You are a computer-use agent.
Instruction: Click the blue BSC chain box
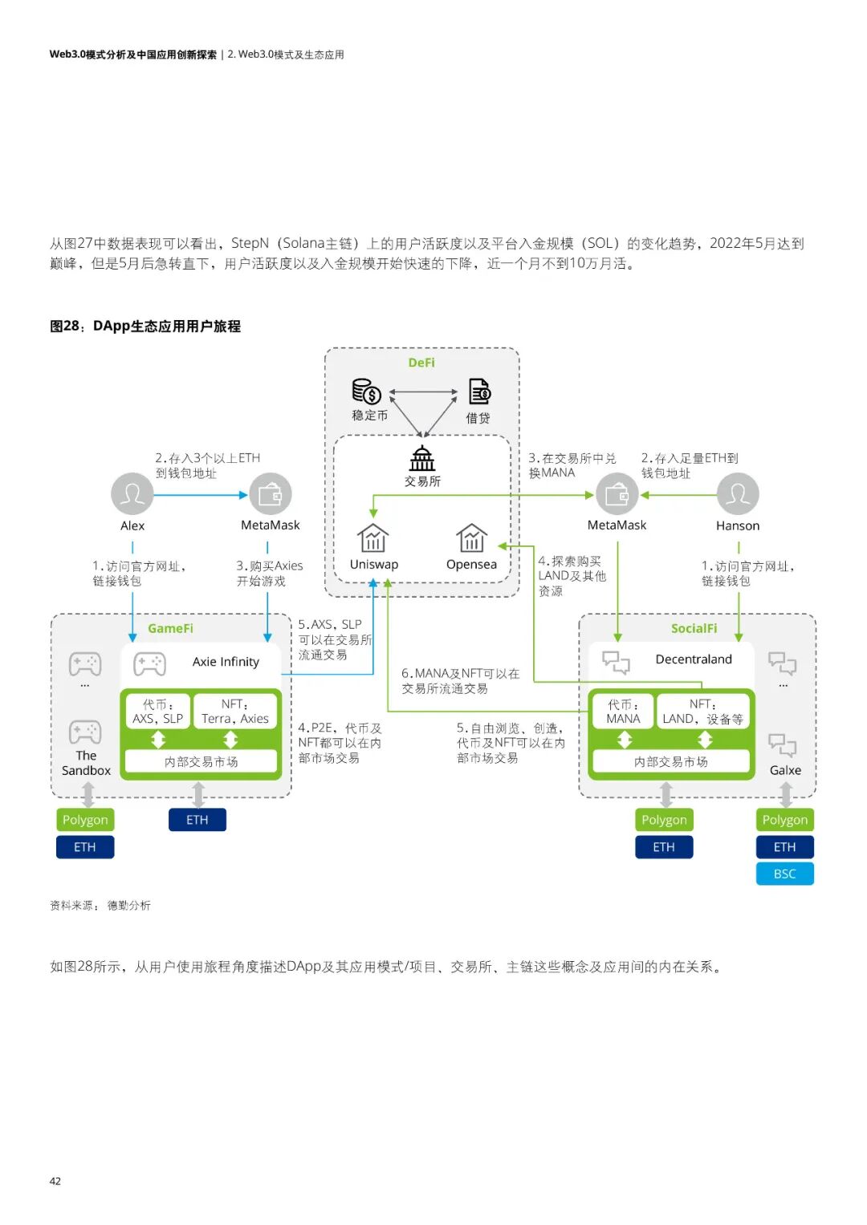click(x=784, y=874)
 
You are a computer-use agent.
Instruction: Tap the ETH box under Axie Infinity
click(x=197, y=820)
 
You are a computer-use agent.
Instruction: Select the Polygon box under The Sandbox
click(x=85, y=820)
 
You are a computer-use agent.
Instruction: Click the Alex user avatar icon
click(x=132, y=493)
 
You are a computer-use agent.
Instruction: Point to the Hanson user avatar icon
click(x=737, y=493)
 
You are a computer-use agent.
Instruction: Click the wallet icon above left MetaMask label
click(x=271, y=493)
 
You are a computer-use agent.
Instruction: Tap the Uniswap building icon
click(x=373, y=537)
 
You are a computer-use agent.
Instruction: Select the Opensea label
click(x=471, y=564)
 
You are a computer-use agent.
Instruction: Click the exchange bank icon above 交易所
click(x=422, y=458)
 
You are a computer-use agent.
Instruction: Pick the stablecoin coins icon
click(x=367, y=391)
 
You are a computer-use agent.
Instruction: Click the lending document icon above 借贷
click(x=479, y=391)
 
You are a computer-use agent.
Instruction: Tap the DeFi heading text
click(x=421, y=363)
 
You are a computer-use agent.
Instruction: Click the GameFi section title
click(x=170, y=628)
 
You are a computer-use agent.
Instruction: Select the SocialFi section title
click(x=694, y=628)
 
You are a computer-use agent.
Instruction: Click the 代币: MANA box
click(x=623, y=712)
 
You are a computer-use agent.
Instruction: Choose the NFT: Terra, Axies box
click(x=235, y=712)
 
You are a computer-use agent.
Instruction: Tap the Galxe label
click(x=785, y=770)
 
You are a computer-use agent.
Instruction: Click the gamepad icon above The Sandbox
click(x=85, y=732)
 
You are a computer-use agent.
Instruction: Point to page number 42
click(x=55, y=1181)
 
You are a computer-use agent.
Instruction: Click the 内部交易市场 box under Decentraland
click(x=671, y=761)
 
